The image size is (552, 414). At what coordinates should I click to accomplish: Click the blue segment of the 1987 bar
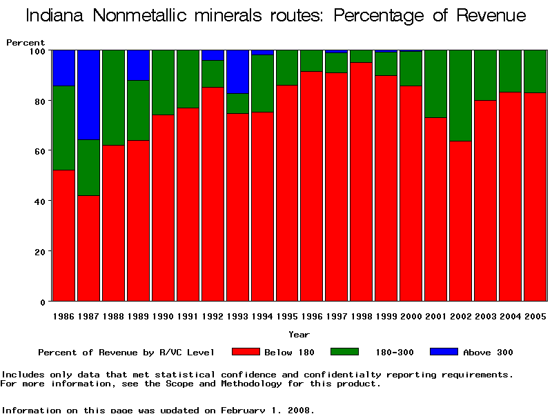click(x=88, y=95)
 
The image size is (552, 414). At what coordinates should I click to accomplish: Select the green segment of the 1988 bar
click(x=113, y=97)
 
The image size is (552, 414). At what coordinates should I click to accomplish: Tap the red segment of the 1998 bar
click(x=361, y=182)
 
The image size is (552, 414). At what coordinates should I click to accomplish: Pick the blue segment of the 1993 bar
click(x=237, y=72)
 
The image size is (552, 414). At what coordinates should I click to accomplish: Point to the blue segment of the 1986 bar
click(x=63, y=68)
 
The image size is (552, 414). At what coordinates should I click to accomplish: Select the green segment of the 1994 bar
click(x=262, y=83)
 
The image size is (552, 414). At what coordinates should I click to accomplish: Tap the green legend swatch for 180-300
click(x=345, y=352)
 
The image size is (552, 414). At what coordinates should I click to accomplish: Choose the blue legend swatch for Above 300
click(x=444, y=352)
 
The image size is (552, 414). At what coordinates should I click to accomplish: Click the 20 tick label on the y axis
click(x=40, y=252)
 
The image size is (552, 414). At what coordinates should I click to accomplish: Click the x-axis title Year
click(x=299, y=335)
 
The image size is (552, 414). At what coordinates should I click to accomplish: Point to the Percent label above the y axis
click(x=26, y=43)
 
